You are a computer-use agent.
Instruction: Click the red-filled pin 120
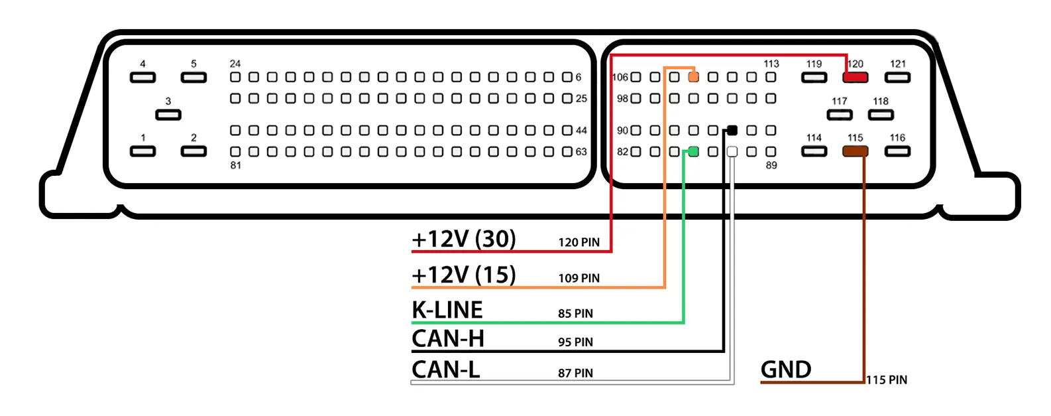click(x=855, y=78)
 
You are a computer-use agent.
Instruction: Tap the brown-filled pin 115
click(x=855, y=151)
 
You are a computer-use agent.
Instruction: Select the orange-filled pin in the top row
click(x=693, y=77)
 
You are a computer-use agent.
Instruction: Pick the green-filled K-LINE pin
click(x=693, y=152)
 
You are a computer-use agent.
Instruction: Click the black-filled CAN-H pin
click(x=732, y=131)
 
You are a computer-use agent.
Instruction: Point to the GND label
click(x=786, y=370)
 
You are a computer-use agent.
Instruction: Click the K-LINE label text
click(x=447, y=310)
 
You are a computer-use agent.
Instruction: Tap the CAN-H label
click(x=448, y=339)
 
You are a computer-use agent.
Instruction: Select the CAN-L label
click(x=446, y=370)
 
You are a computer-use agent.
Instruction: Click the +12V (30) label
click(x=464, y=239)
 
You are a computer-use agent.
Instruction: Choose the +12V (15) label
click(x=464, y=275)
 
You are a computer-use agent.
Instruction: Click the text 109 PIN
click(x=579, y=278)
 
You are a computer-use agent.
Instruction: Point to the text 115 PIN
click(x=887, y=380)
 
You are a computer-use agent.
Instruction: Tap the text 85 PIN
click(x=575, y=313)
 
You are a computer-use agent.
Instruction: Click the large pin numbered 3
click(x=168, y=115)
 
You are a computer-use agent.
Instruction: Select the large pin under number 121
click(x=897, y=78)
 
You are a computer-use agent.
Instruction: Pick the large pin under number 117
click(x=840, y=115)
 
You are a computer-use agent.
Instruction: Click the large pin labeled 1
click(x=142, y=151)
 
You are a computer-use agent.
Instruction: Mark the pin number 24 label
click(x=235, y=64)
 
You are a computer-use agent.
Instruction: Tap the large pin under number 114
click(x=814, y=151)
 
